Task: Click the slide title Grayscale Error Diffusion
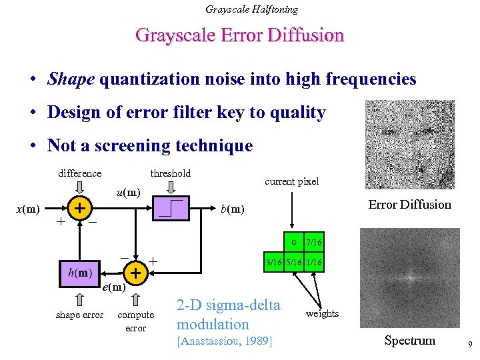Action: (239, 35)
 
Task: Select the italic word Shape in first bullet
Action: (71, 79)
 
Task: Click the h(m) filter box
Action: (79, 272)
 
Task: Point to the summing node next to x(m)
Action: (79, 209)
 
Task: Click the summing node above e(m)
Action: (135, 273)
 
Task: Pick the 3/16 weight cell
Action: (274, 263)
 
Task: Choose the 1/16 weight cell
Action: (313, 263)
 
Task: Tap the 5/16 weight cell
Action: (293, 263)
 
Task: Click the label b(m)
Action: (232, 209)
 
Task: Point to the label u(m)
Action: (128, 193)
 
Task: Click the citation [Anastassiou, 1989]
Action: (224, 341)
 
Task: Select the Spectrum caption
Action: (409, 341)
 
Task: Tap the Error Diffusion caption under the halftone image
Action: (409, 204)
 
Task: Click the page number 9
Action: (470, 345)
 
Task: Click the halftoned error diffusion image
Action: (409, 145)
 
